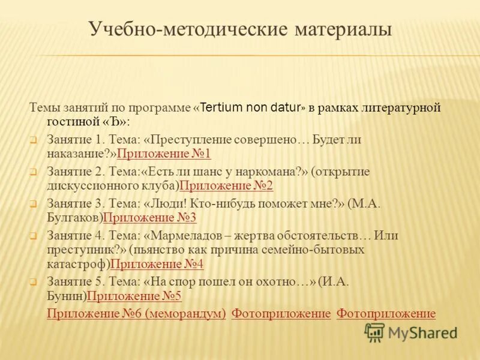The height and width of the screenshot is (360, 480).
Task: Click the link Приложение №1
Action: tap(164, 154)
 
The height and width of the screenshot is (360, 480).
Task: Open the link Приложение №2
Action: tap(226, 185)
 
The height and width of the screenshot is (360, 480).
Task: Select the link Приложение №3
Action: tap(150, 217)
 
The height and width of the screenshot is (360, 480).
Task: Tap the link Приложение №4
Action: tap(157, 263)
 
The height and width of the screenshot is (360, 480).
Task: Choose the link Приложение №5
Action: tap(134, 296)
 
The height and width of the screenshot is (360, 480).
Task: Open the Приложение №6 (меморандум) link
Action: tap(136, 313)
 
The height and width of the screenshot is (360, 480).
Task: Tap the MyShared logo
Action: tap(411, 332)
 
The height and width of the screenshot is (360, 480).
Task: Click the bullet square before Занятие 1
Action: tap(34, 140)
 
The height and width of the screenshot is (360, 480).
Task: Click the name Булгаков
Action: tap(74, 217)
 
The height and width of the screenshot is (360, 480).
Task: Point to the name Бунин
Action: tap(67, 296)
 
